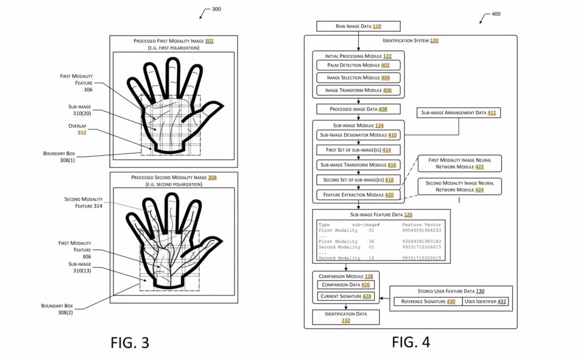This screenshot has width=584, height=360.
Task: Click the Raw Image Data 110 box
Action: pos(358,26)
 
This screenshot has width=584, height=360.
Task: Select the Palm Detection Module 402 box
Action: pos(358,66)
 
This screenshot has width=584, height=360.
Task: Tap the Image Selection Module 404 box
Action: pos(358,78)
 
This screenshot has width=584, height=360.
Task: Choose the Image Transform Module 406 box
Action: pos(358,90)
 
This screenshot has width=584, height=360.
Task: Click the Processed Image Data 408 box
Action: pos(358,108)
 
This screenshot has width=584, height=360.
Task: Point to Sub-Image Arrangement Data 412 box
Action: pos(459,113)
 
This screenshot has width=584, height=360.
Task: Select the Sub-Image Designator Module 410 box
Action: pos(358,135)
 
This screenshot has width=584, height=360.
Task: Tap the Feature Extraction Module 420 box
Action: pos(358,195)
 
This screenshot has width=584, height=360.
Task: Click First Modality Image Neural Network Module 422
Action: pos(459,164)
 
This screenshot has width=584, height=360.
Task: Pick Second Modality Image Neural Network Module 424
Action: pos(459,186)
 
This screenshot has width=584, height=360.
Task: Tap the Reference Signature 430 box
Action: pos(428,301)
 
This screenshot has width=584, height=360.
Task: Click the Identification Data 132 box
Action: pos(346,317)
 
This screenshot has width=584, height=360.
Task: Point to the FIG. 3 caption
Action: pos(129,342)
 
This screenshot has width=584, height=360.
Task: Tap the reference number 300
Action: pos(216,9)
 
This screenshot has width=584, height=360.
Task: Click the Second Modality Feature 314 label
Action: pos(83,202)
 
